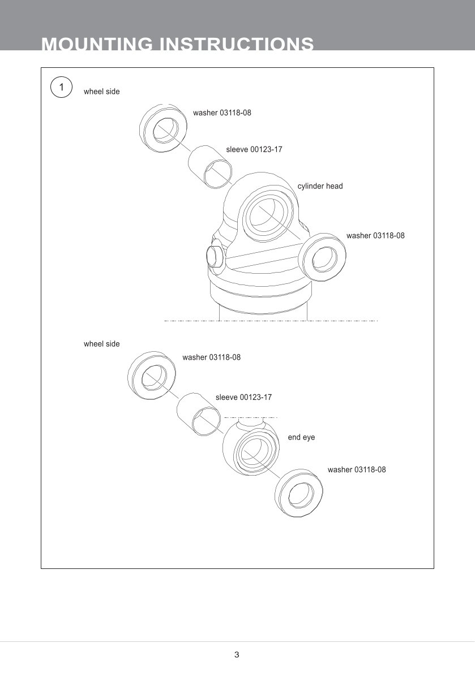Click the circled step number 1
pyautogui.click(x=61, y=88)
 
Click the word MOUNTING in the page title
pyautogui.click(x=97, y=44)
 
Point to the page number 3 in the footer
pyautogui.click(x=237, y=655)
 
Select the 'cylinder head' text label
pyautogui.click(x=320, y=186)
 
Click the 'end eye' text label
pyautogui.click(x=301, y=437)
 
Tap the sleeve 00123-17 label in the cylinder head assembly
pyautogui.click(x=254, y=150)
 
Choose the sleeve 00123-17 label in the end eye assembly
pyautogui.click(x=243, y=398)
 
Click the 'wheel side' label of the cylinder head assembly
pyautogui.click(x=102, y=91)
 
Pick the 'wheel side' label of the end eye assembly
pyautogui.click(x=102, y=344)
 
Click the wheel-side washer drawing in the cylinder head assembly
pyautogui.click(x=164, y=128)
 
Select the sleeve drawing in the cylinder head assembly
pyautogui.click(x=211, y=165)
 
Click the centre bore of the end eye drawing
pyautogui.click(x=253, y=451)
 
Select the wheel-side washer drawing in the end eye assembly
pyautogui.click(x=152, y=375)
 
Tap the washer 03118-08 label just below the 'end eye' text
pyautogui.click(x=357, y=469)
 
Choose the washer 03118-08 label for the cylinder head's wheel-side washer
pyautogui.click(x=222, y=113)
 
